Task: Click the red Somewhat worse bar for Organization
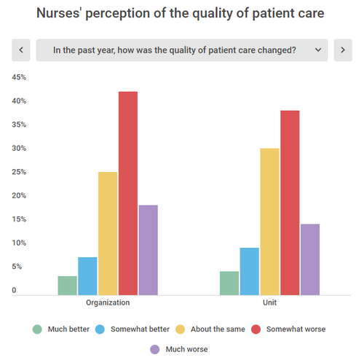128,193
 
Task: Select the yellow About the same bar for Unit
269,222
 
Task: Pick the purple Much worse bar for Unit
310,259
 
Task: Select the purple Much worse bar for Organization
149,250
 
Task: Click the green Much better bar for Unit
229,283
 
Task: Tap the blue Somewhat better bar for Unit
249,271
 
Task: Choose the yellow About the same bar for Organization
108,233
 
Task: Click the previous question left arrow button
21,50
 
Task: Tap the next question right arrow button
342,50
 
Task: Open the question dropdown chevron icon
317,50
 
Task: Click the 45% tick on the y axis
19,77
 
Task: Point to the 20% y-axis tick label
19,195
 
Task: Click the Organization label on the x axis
108,302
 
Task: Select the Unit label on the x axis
269,302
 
